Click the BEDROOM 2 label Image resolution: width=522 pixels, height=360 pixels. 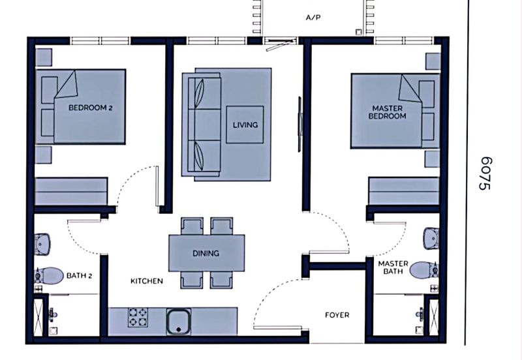pos(90,108)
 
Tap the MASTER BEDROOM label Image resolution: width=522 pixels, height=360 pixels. pos(387,112)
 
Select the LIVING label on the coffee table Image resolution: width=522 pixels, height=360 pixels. pos(245,125)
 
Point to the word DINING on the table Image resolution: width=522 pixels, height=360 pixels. pos(206,253)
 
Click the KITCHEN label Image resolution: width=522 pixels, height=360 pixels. pos(147,281)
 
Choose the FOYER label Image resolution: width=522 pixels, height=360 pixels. pos(337,315)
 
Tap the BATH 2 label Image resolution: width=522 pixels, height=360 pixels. pos(79,275)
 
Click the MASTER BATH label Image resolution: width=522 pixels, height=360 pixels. pos(393,267)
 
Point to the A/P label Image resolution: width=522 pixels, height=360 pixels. pos(313,18)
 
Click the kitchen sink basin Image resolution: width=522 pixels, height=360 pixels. pos(179,321)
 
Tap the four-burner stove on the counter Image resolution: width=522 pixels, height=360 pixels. pos(138,317)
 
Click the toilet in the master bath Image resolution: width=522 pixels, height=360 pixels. pos(424,270)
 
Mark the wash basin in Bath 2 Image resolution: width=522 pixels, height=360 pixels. pos(42,244)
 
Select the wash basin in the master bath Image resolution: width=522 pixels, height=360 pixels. pos(431,238)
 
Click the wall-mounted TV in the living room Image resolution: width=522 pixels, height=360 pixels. pos(299,124)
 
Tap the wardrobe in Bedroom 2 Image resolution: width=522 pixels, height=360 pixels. pos(71,191)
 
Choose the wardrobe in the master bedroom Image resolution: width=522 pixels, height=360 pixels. pos(403,191)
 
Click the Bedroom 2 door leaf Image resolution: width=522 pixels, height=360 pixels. pos(157,187)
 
